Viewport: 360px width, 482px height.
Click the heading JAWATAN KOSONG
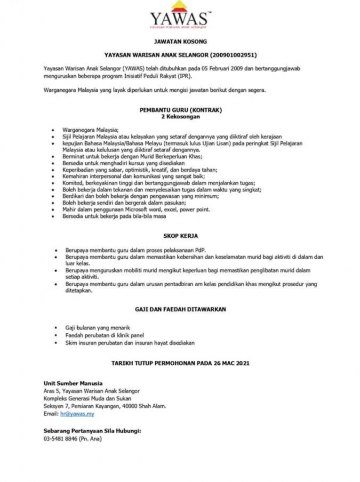tap(180, 41)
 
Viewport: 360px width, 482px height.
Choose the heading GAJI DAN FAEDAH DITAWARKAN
tap(180, 309)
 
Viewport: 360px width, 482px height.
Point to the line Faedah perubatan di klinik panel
tap(104, 335)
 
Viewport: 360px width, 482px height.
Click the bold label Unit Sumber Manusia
tap(73, 383)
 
